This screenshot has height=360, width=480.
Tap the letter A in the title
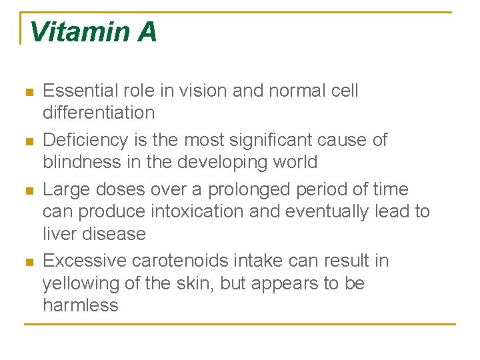(147, 32)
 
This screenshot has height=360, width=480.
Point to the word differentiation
(99, 113)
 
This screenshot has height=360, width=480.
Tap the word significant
(267, 140)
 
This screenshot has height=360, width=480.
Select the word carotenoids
(185, 261)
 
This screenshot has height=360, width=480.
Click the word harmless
(80, 305)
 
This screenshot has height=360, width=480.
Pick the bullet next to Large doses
(28, 191)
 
